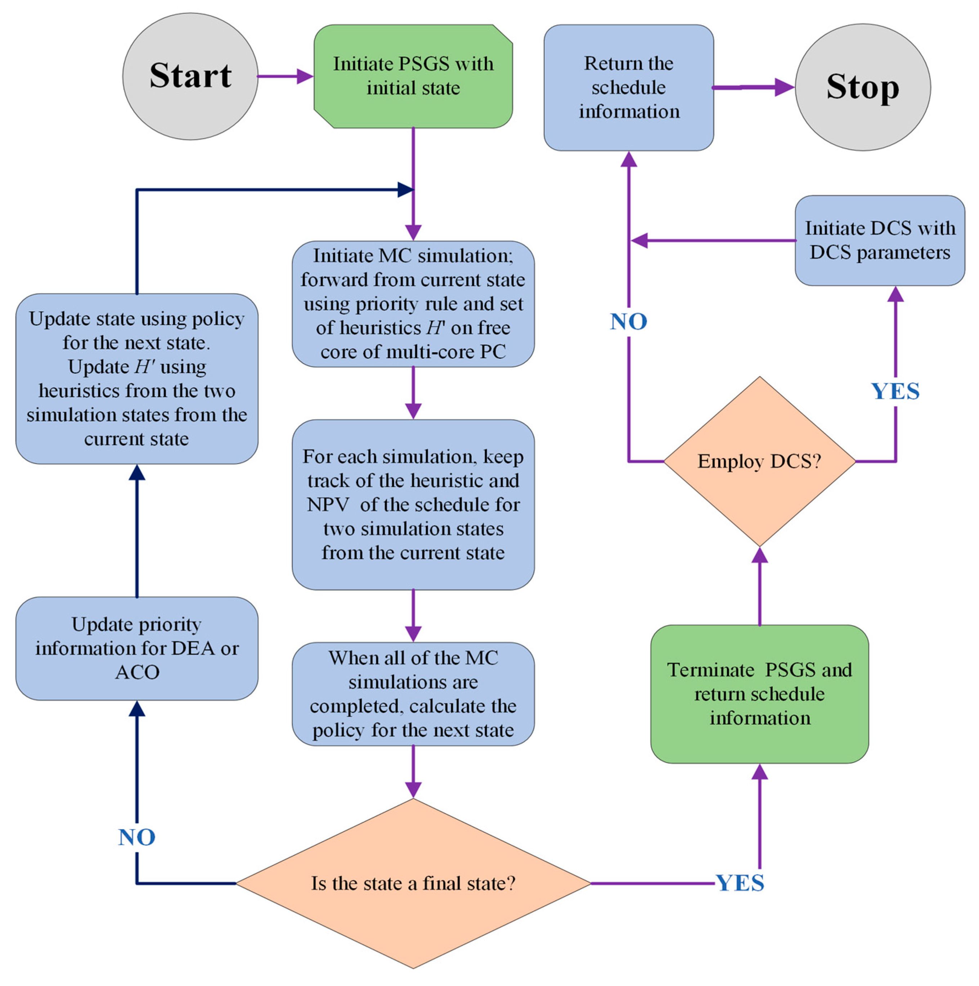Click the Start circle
pos(190,77)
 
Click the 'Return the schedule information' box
pos(628,87)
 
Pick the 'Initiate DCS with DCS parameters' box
pos(879,240)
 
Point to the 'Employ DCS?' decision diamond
pos(759,461)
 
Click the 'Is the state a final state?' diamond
pos(413,883)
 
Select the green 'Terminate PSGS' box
pos(759,694)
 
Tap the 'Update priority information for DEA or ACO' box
pos(136,648)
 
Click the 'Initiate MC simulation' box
pos(413,304)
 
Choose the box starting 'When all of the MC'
pos(413,694)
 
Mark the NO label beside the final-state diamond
pos(136,837)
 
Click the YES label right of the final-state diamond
pos(740,883)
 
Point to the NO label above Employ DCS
pos(628,321)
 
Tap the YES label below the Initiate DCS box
pos(895,392)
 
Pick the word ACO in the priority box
pos(137,672)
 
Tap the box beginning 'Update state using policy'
pos(136,379)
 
